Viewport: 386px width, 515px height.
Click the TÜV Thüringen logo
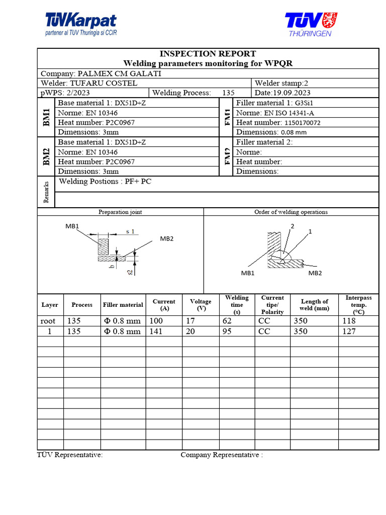311,24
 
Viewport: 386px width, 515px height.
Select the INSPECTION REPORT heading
208,53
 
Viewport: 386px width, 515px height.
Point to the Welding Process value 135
228,93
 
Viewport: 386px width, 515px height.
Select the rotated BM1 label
46,117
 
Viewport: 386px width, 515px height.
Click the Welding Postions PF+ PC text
105,182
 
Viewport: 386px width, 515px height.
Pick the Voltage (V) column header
201,305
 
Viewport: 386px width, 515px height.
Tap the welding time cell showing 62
228,321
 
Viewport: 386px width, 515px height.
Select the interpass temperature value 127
348,331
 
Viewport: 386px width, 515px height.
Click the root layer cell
48,321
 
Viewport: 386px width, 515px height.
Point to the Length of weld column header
314,305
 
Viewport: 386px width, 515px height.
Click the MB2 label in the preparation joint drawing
167,238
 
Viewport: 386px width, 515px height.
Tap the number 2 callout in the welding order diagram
292,226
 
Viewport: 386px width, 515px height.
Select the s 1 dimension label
130,231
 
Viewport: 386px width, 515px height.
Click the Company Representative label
221,455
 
